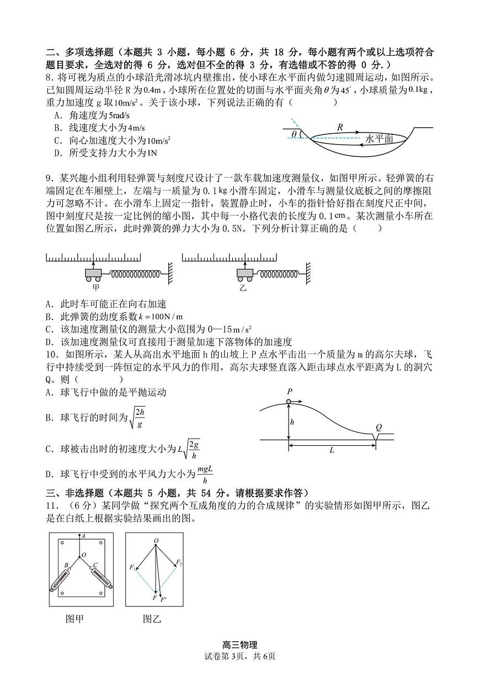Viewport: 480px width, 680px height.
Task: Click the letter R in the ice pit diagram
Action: (x=340, y=127)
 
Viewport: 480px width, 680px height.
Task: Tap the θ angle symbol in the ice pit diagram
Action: (x=294, y=134)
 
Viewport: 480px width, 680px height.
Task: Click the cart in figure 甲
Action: (x=93, y=273)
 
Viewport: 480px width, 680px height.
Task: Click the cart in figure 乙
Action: (x=245, y=273)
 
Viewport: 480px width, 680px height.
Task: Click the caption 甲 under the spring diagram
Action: (x=96, y=287)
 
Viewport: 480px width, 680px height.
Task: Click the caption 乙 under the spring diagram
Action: (x=243, y=288)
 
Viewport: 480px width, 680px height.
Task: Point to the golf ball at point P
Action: (x=289, y=401)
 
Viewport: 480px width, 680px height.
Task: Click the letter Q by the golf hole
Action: (x=378, y=427)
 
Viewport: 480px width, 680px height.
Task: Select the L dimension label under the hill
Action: (x=332, y=450)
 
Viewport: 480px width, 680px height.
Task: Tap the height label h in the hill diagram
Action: (x=292, y=421)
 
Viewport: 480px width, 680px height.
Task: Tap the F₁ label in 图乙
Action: (x=132, y=567)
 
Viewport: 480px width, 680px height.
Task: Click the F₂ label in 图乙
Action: (x=179, y=562)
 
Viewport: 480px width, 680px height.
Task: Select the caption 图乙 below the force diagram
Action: (x=152, y=619)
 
